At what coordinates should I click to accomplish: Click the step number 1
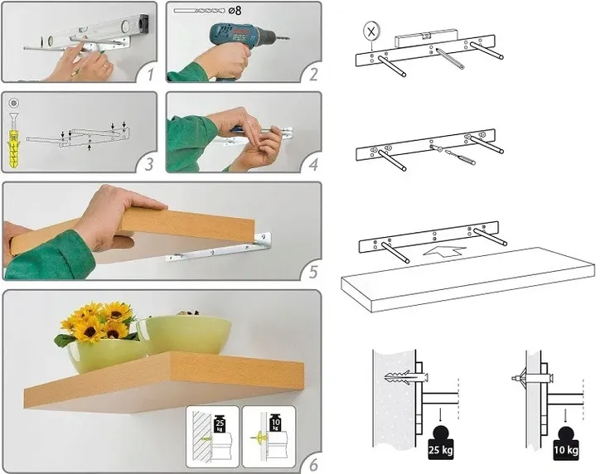(x=151, y=74)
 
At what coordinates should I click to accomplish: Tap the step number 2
(x=313, y=74)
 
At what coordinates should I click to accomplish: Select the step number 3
(x=149, y=164)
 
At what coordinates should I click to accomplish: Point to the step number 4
(x=313, y=164)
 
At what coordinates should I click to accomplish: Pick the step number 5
(x=313, y=272)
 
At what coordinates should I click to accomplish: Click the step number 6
(x=313, y=464)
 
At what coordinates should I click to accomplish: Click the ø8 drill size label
(x=235, y=11)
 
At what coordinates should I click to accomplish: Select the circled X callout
(x=371, y=31)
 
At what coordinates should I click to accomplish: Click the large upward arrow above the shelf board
(x=444, y=251)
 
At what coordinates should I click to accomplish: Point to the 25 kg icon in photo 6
(x=219, y=423)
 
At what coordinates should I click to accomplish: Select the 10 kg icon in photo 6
(x=275, y=423)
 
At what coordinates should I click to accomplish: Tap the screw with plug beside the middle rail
(x=454, y=154)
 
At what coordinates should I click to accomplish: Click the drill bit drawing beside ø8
(x=199, y=11)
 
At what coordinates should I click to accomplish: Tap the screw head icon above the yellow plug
(x=14, y=104)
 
